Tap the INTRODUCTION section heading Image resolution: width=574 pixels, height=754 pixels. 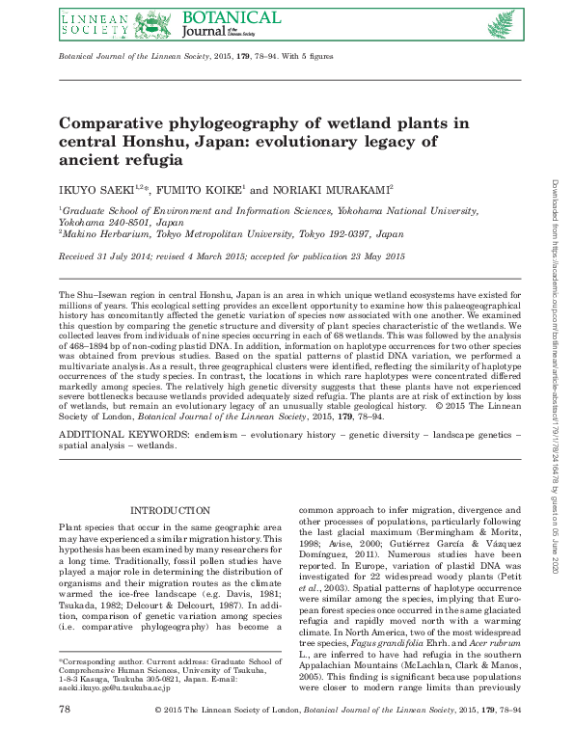coord(170,510)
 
